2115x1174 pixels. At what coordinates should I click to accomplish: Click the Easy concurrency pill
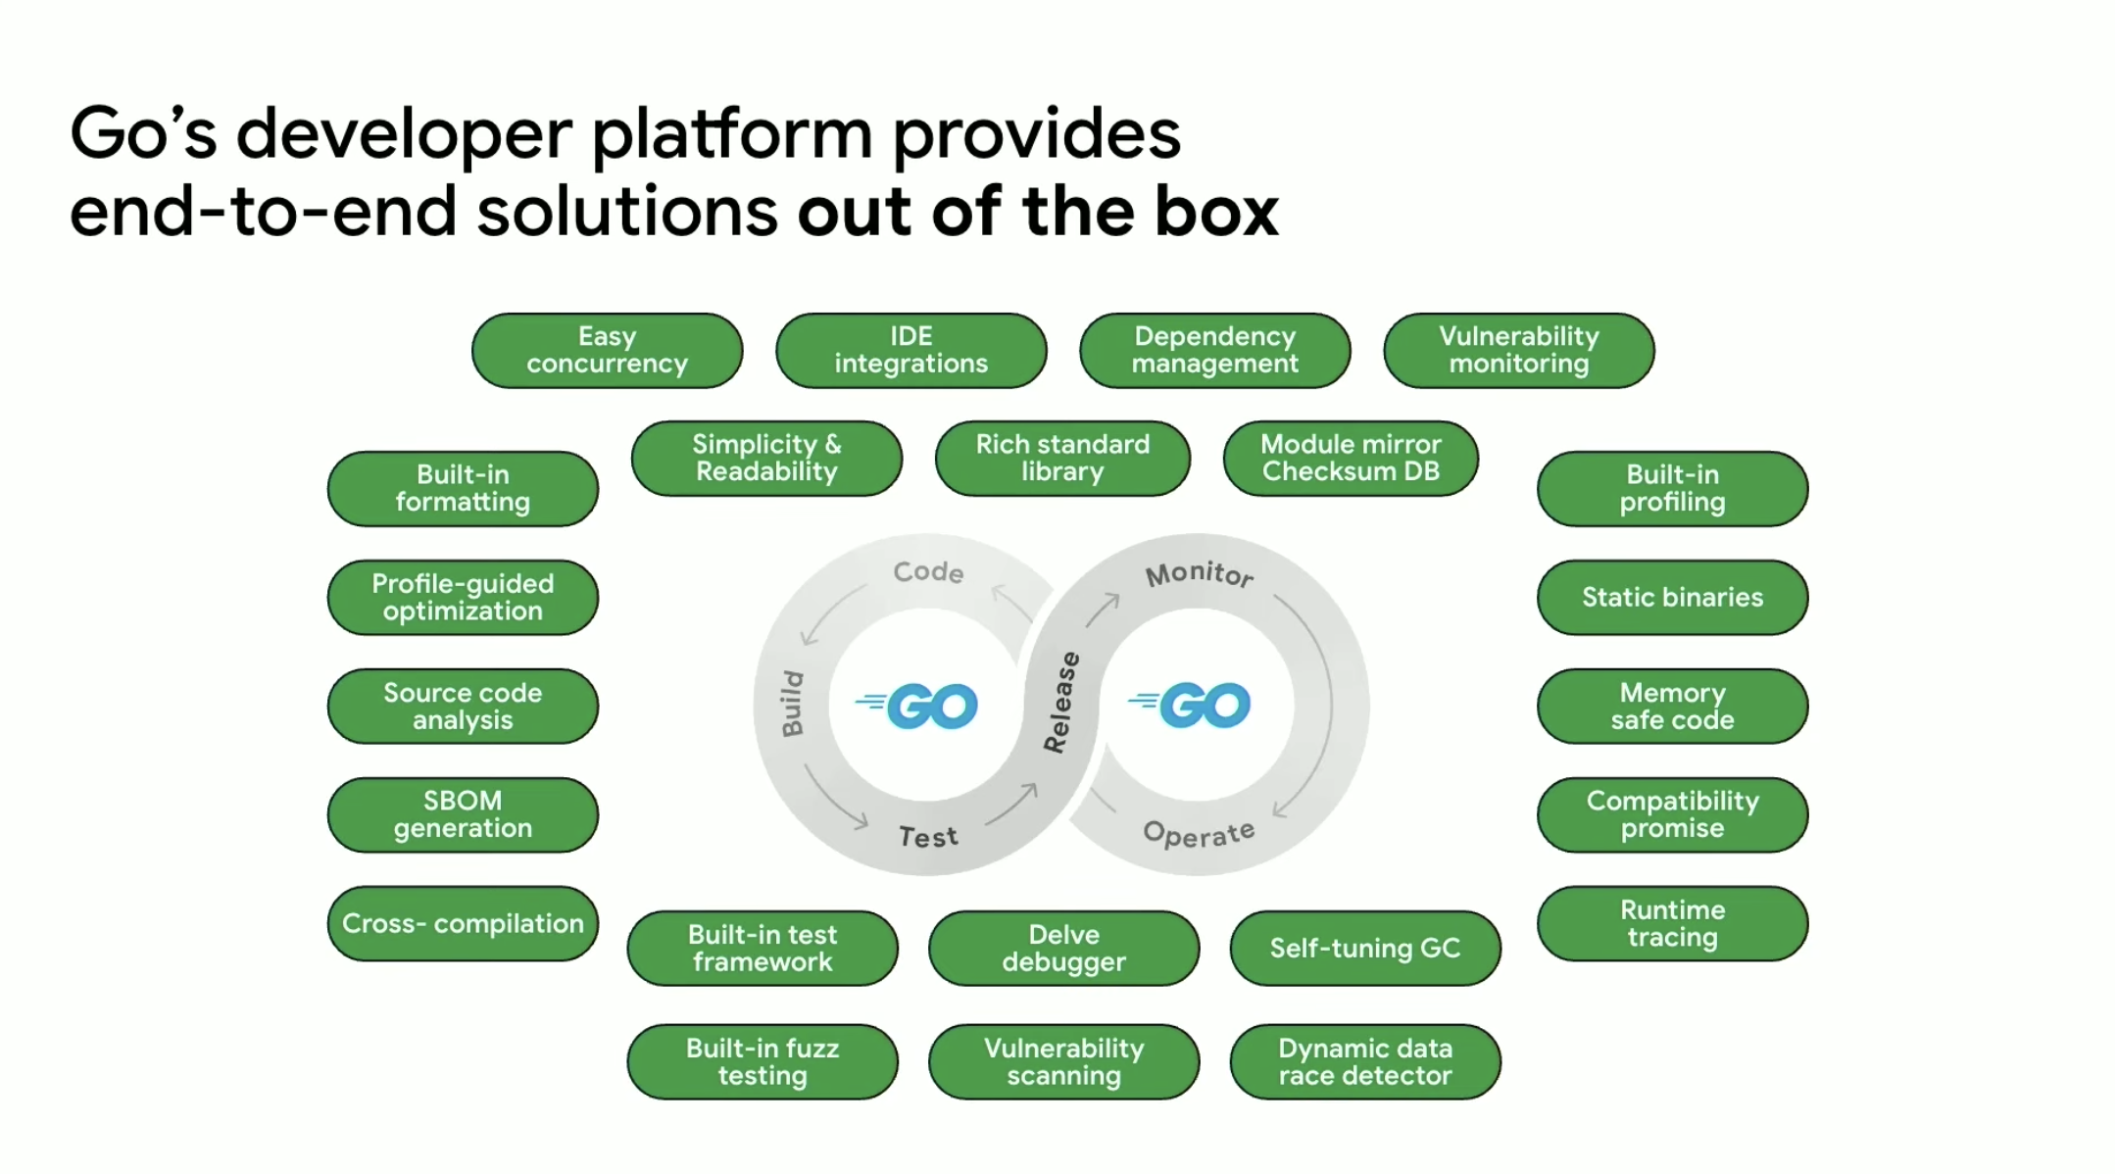607,350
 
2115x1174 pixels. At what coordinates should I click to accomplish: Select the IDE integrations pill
910,350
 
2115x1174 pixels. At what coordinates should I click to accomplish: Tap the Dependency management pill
1214,350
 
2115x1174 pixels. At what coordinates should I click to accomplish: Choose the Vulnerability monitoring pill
1518,350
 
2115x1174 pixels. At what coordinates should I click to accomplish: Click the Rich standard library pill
1062,458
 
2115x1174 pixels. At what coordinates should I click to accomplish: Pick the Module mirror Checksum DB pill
1351,458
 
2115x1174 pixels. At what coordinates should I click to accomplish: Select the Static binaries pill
1672,597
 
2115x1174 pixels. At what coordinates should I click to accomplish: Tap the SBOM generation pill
463,814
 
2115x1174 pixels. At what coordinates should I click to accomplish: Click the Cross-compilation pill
463,923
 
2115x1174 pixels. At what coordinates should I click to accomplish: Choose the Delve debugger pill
1063,948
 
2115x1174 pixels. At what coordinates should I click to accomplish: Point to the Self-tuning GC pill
1365,948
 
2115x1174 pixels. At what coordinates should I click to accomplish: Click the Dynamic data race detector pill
1365,1061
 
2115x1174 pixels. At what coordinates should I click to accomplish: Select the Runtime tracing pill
1672,923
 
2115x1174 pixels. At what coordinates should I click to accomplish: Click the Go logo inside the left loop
916,706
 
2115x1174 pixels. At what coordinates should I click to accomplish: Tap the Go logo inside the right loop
1189,706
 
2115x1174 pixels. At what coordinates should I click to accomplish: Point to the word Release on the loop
1061,702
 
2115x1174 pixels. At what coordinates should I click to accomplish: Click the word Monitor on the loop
1200,574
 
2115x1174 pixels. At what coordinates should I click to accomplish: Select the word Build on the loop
792,704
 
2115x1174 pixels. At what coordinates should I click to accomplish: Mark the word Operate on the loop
1199,834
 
